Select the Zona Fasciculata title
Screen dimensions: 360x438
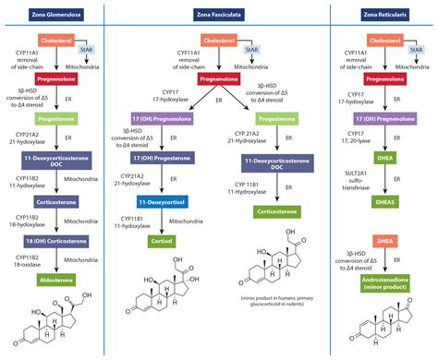coord(218,10)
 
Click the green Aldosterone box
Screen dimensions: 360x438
coord(65,277)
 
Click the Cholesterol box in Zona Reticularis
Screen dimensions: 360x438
coord(387,41)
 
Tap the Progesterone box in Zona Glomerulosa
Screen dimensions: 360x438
coord(65,119)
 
